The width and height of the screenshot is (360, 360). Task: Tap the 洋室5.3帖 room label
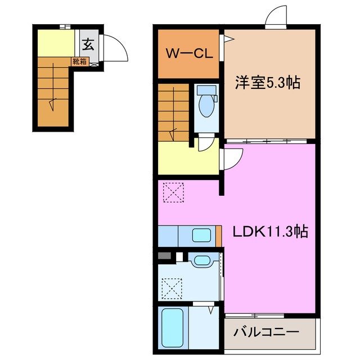(x=267, y=83)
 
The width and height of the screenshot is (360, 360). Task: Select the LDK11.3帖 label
(x=270, y=231)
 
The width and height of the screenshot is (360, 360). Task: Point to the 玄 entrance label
(x=89, y=43)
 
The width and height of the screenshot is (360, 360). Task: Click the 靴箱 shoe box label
(x=79, y=62)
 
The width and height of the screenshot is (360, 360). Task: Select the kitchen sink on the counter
(x=201, y=235)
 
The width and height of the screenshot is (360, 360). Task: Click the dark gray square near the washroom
(x=164, y=256)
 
